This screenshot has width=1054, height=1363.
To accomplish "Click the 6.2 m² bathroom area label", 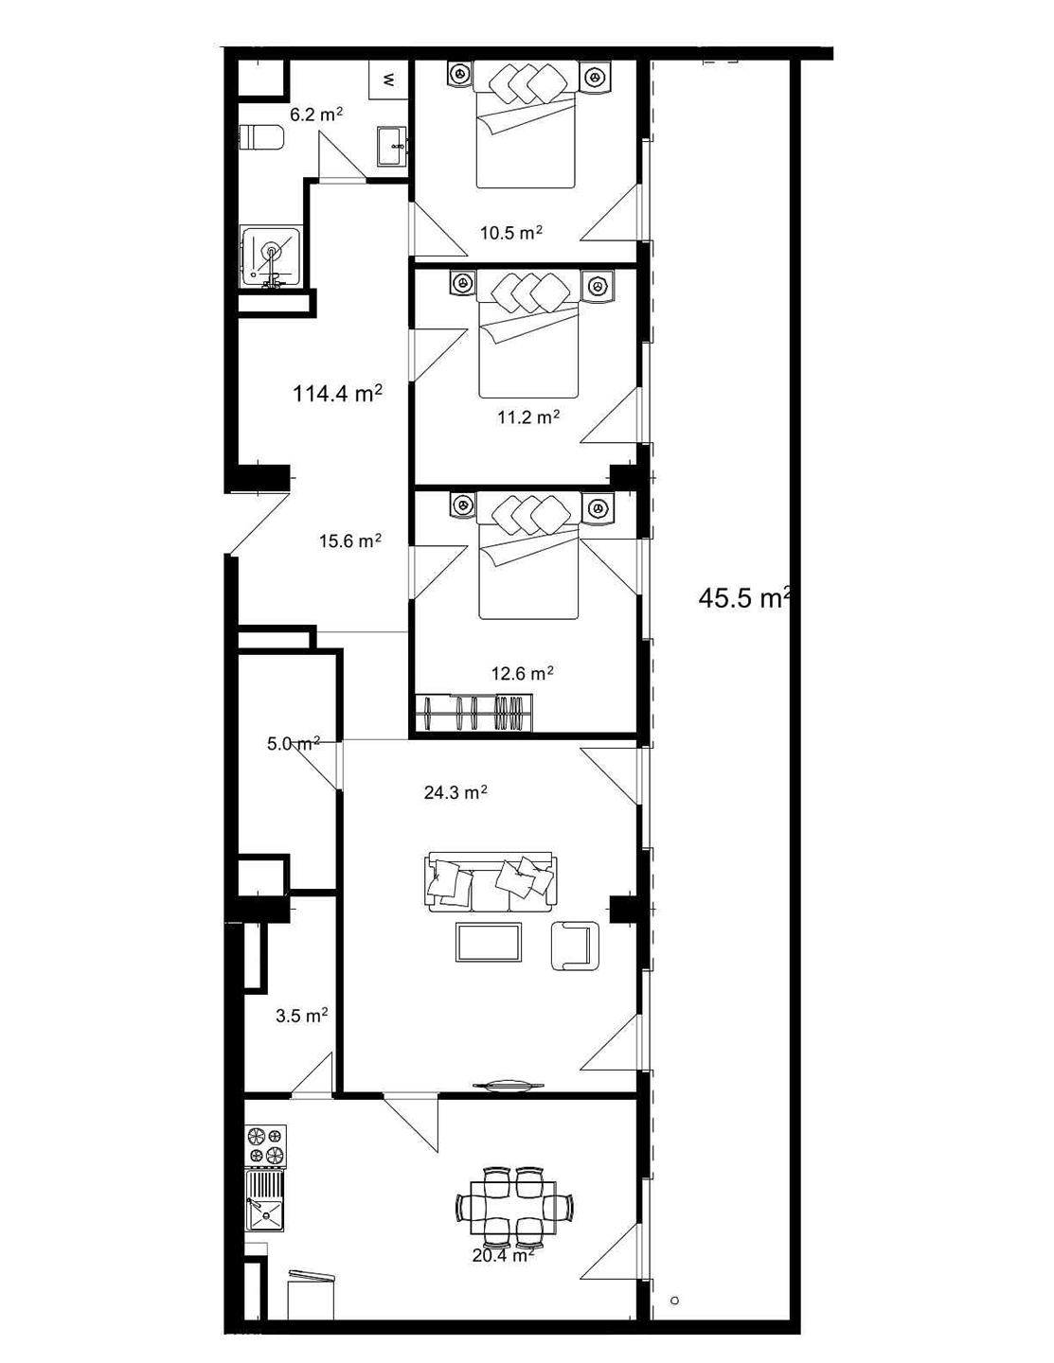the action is click(x=315, y=115).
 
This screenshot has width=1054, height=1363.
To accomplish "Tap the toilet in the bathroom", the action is click(x=261, y=136).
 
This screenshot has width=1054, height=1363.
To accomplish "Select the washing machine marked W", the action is click(x=388, y=80).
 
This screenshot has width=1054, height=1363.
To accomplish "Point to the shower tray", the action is click(x=271, y=257).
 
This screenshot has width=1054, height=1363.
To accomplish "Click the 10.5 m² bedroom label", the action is click(x=511, y=233).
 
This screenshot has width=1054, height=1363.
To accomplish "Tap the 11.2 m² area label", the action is click(x=528, y=416).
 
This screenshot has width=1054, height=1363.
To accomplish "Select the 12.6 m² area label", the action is click(x=522, y=673).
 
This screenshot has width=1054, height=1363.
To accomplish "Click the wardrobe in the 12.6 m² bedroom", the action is click(x=475, y=713).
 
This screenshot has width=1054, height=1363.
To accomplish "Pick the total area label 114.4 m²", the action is click(x=337, y=393).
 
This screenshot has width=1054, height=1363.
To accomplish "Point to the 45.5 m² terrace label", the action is click(x=743, y=598).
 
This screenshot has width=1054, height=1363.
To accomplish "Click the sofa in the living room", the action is click(x=490, y=881).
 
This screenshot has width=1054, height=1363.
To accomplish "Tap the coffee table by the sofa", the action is click(x=489, y=942).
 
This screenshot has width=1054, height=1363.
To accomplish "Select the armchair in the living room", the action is click(x=575, y=946).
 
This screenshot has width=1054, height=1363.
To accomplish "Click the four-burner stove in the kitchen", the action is click(x=266, y=1144).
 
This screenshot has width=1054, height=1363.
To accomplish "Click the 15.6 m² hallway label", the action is click(x=350, y=540).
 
